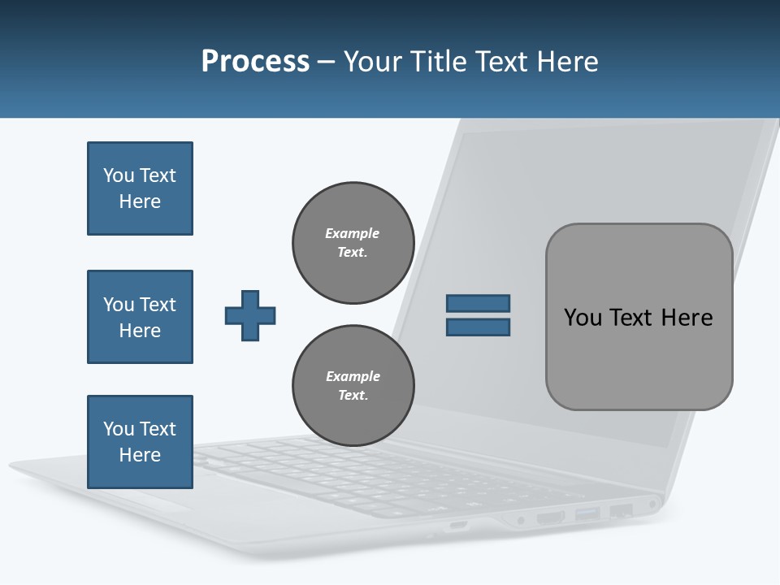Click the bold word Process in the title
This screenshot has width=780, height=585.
255,62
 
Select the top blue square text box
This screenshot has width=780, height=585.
140,188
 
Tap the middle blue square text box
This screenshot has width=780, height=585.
140,317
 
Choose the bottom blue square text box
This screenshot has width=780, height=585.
140,442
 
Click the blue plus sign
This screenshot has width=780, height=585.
250,315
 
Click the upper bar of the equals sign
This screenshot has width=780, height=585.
478,304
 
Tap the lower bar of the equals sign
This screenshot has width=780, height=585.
478,327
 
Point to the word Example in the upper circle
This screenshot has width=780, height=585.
352,233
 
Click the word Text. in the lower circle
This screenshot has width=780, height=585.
353,396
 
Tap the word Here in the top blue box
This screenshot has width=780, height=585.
140,201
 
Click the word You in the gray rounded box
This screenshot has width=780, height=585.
583,318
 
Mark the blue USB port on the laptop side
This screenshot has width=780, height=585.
587,513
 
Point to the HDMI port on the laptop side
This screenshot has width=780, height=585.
550,517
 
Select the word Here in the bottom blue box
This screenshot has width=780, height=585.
140,455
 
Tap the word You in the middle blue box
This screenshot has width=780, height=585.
119,305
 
